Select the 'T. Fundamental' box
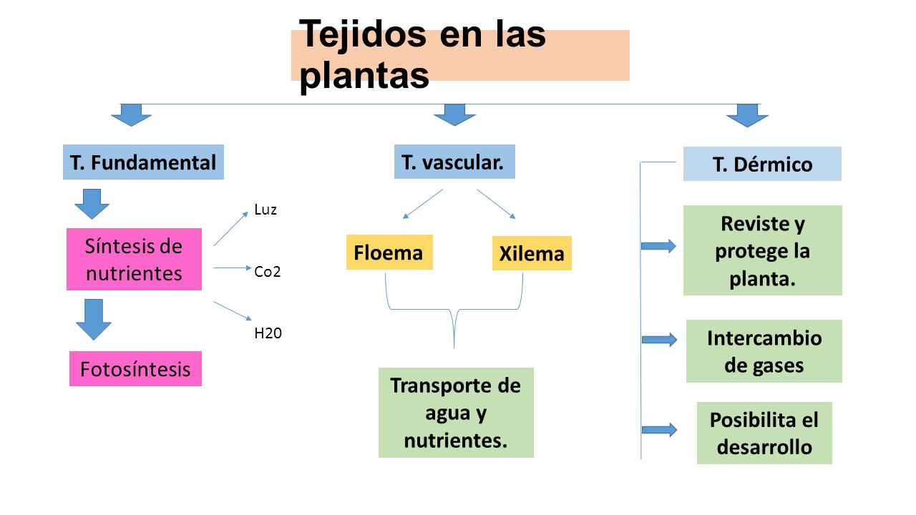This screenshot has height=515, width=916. (143, 162)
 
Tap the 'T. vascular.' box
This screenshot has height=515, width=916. (454, 162)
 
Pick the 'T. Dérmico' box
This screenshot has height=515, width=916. (762, 164)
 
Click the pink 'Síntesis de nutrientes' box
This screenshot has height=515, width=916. (134, 259)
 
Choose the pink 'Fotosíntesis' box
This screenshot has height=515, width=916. (135, 368)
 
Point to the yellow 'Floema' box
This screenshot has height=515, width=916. (389, 252)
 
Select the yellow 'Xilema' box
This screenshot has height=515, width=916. (532, 253)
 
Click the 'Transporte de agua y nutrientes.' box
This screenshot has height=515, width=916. (456, 413)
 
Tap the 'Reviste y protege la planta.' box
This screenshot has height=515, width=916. (763, 250)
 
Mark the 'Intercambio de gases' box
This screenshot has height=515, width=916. (764, 351)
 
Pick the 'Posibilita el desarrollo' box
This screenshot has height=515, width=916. (764, 433)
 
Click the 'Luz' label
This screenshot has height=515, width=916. (265, 210)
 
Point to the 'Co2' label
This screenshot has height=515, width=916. (268, 272)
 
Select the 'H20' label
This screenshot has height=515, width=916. (268, 333)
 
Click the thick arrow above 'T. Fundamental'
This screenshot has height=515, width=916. (131, 115)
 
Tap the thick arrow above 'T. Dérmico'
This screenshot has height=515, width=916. (747, 115)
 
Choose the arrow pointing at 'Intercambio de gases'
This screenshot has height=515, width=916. (659, 340)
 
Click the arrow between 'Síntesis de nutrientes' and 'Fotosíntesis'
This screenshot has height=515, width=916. (94, 319)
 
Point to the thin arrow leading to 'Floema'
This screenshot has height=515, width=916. (423, 204)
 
